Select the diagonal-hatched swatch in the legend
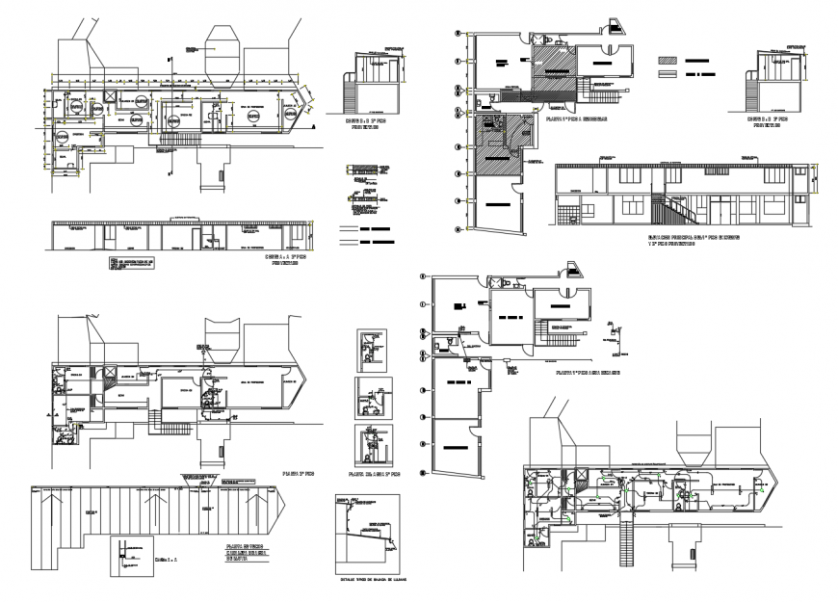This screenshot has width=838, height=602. [668, 59]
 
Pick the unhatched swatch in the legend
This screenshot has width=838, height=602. [668, 73]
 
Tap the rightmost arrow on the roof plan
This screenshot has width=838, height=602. [253, 502]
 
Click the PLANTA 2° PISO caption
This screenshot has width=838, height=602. [296, 475]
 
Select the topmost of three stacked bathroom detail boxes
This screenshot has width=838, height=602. [369, 349]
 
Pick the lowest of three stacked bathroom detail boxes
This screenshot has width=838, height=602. [369, 445]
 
